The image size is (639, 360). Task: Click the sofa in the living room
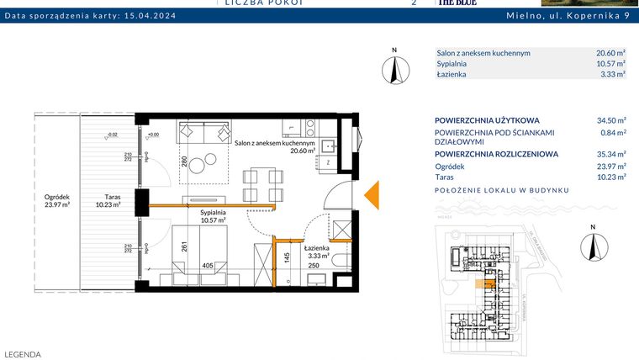pyautogui.click(x=204, y=133)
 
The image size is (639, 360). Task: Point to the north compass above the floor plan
pyautogui.click(x=393, y=68)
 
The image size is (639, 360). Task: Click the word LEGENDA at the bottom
pyautogui.click(x=23, y=355)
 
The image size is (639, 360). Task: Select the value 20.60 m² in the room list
pyautogui.click(x=610, y=52)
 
